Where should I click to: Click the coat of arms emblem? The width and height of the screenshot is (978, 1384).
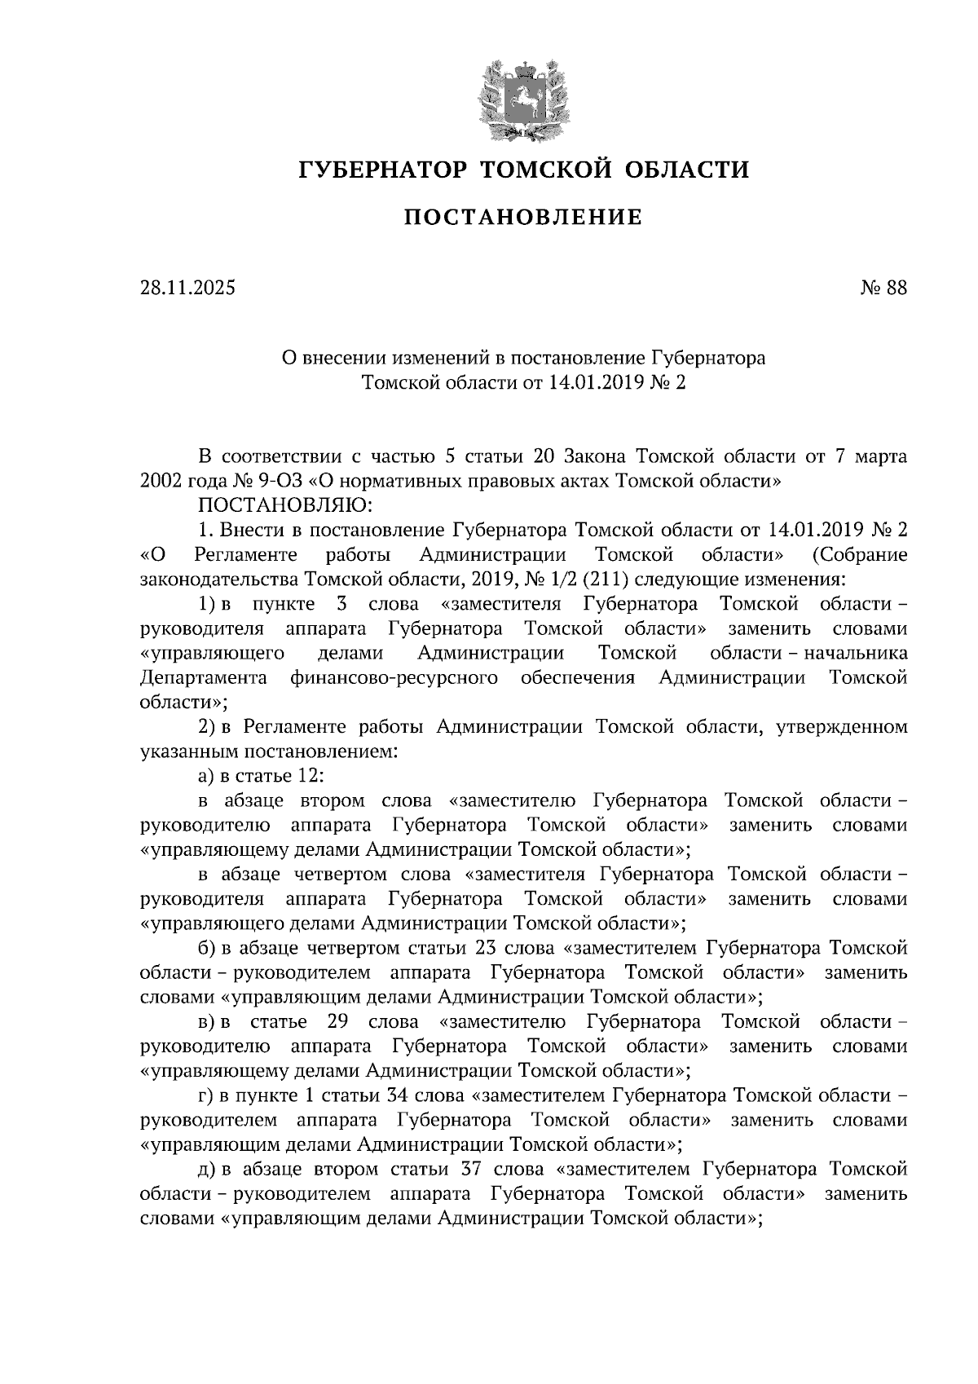[x=522, y=96]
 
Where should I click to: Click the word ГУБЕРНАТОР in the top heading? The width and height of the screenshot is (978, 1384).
[x=381, y=170]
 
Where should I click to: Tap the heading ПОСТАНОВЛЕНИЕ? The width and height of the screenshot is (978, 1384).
[x=523, y=218]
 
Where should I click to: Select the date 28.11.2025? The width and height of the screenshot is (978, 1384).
[x=187, y=288]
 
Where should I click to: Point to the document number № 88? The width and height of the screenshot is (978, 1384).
[x=883, y=288]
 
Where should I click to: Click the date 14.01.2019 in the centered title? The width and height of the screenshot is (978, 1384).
[x=598, y=381]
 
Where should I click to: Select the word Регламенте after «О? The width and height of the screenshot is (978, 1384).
[x=246, y=555]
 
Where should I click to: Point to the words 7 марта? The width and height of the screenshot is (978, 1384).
[x=871, y=456]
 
